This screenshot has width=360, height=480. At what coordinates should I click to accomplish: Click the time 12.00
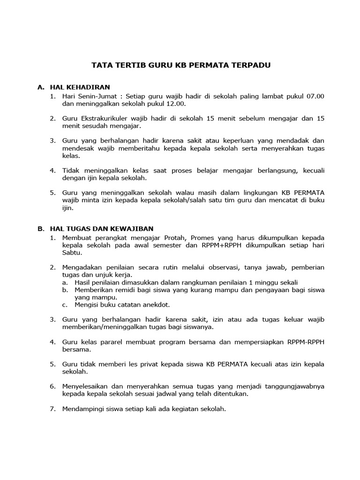[176, 104]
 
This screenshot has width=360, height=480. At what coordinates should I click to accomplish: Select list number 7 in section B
[52, 409]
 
